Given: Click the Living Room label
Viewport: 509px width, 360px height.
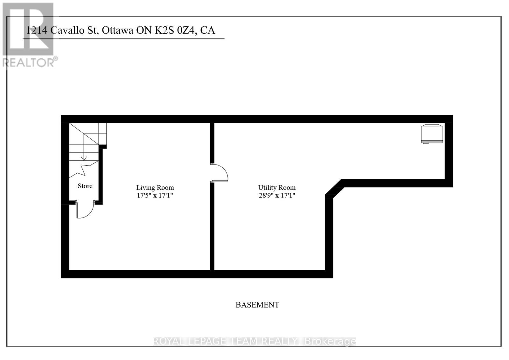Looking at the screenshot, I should point(155,188).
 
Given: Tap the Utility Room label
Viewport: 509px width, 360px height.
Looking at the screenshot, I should point(277,188).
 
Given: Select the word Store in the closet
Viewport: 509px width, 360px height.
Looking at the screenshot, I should point(85,186).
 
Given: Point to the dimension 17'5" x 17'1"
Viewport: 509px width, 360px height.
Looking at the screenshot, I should point(155,195).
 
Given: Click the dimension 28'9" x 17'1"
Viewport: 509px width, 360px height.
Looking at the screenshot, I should point(277,195).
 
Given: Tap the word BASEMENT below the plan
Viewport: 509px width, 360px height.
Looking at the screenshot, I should point(257,305).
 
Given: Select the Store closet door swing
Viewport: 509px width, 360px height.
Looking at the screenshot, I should point(85,211).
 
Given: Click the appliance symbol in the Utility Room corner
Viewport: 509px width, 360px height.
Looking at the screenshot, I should point(432,134).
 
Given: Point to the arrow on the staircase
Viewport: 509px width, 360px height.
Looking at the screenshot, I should point(84,156).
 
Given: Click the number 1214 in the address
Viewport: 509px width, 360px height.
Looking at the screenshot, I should point(37,30).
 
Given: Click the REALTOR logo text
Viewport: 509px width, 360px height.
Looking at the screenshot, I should point(30,62).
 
